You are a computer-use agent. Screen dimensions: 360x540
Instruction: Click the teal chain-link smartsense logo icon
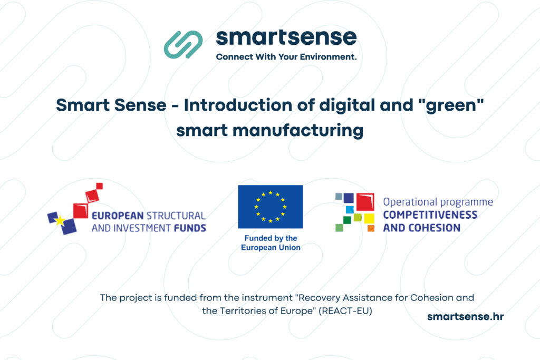[x=183, y=44]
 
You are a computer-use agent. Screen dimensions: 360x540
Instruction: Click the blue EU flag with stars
[x=271, y=207]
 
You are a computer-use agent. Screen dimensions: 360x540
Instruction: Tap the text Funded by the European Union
[x=271, y=243]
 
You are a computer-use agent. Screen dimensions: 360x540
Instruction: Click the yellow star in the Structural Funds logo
[x=60, y=220]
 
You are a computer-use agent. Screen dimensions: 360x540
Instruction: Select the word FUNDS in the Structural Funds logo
[x=189, y=228]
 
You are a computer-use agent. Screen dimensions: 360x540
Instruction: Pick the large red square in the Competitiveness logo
[x=364, y=202]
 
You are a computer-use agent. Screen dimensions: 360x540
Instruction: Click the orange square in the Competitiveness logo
[x=371, y=228]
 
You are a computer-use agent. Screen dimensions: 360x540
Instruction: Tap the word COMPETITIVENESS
[x=430, y=215]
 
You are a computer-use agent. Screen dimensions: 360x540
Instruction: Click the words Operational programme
[x=438, y=202]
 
